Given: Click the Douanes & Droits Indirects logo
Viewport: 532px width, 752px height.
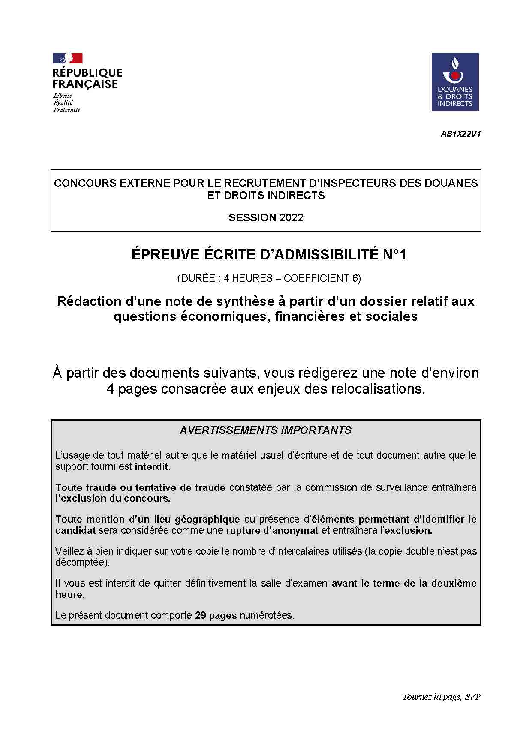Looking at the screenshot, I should (x=455, y=82).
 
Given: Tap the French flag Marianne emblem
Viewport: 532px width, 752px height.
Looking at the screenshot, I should (x=68, y=58).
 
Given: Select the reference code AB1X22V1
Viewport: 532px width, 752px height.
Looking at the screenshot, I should (x=460, y=134).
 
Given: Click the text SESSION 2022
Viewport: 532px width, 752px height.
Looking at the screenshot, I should (x=266, y=217).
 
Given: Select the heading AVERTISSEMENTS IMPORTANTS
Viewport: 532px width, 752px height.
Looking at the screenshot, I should (x=266, y=430).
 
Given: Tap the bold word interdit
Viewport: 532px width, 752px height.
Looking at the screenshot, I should (x=151, y=466).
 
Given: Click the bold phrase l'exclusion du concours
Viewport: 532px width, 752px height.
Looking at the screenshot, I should (x=113, y=498).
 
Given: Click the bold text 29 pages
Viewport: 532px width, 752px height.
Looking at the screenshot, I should (x=216, y=615).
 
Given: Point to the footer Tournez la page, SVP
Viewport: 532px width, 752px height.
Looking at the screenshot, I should (x=441, y=697).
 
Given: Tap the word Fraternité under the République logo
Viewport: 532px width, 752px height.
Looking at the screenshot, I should (x=67, y=110).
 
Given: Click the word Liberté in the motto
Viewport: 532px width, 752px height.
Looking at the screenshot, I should (x=63, y=96).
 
